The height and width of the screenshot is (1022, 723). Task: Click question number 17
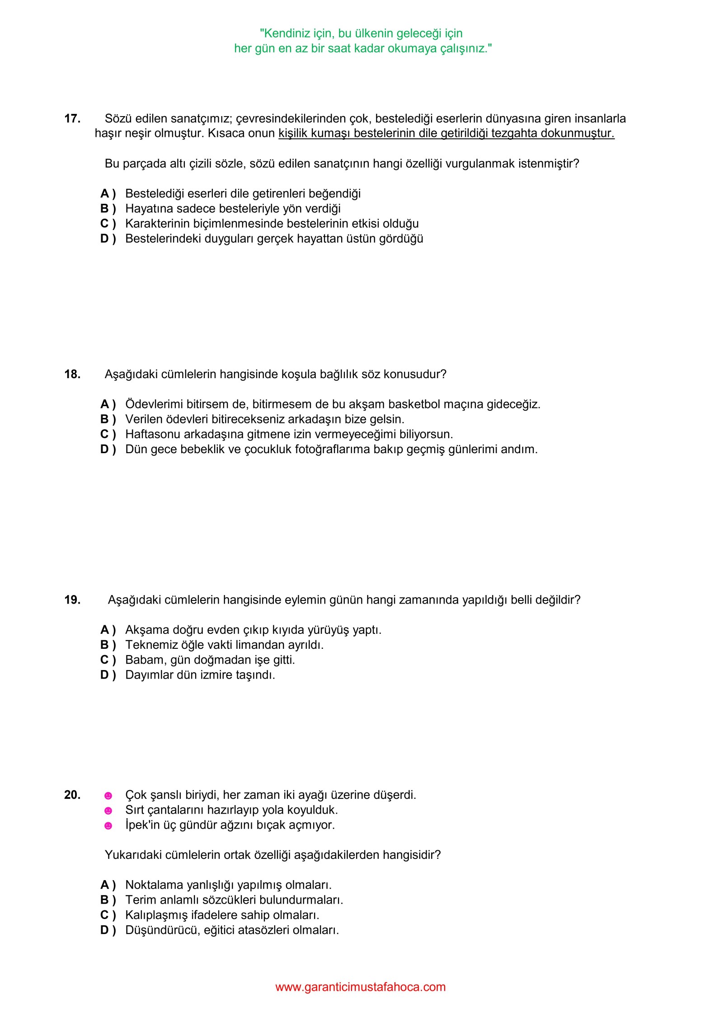pyautogui.click(x=72, y=118)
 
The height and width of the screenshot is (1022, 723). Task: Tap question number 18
pyautogui.click(x=72, y=374)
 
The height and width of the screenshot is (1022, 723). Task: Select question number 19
pyautogui.click(x=72, y=600)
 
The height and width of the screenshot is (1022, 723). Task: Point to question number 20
pyautogui.click(x=72, y=795)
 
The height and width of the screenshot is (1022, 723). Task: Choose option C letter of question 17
pyautogui.click(x=105, y=224)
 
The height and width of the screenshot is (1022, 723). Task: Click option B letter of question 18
pyautogui.click(x=105, y=419)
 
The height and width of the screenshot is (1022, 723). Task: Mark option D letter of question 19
pyautogui.click(x=105, y=675)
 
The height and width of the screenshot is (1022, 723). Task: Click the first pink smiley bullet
pyautogui.click(x=108, y=796)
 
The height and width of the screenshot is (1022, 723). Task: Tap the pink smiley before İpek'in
pyautogui.click(x=108, y=826)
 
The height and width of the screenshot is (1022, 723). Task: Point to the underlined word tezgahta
pyautogui.click(x=514, y=133)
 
